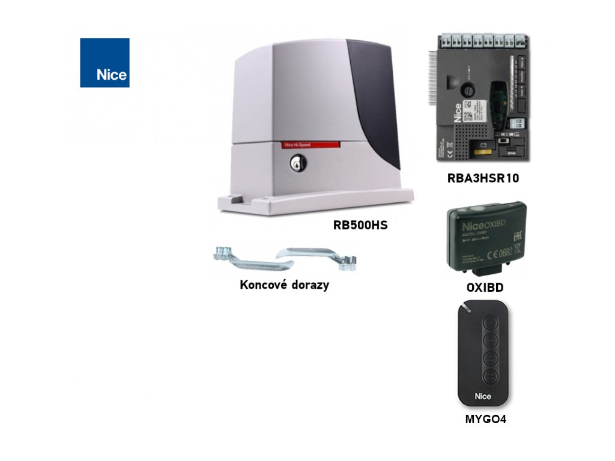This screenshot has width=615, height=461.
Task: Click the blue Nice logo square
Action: coord(105,62)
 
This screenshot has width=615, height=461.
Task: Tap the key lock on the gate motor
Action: coord(297,163)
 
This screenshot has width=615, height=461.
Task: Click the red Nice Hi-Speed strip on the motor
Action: coord(311,145)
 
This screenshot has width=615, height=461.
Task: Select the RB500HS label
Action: coord(360,226)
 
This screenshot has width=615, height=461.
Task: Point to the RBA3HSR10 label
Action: coord(483,178)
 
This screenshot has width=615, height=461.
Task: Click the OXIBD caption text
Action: coord(485,288)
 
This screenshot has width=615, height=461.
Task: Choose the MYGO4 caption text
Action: coord(485,420)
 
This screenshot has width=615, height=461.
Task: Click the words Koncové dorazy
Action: coord(284,285)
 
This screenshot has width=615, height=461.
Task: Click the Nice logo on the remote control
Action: coord(483,396)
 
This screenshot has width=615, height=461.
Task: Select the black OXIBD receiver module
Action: coord(486,236)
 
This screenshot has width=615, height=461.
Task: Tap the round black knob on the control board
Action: coord(466,91)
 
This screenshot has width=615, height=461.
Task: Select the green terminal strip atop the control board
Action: coord(484,42)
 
